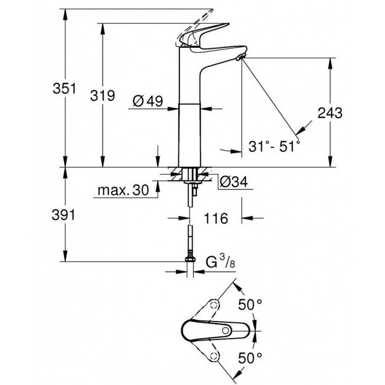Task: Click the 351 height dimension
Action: pos(64,89)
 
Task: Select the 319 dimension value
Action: pos(102,95)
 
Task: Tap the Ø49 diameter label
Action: pos(148,101)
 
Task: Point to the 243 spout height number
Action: pos(330,113)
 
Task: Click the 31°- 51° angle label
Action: pos(274,146)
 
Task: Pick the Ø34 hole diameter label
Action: pos(234,182)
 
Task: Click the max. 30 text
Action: pos(123,190)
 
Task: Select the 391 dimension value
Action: pos(64,216)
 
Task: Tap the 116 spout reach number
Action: pos(216,218)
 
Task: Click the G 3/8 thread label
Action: pos(220,262)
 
